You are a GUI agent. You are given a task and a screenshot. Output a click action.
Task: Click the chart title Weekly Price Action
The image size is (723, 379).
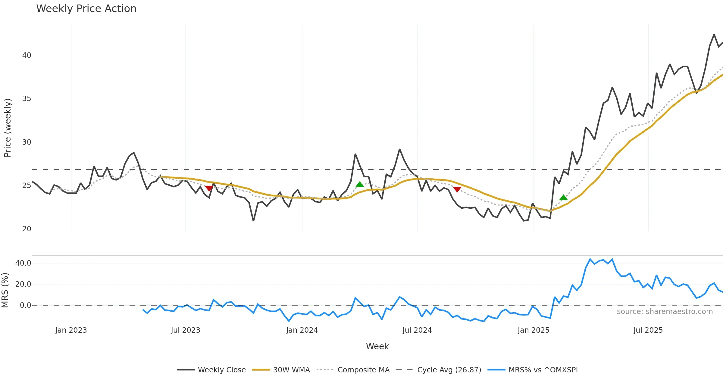(86, 9)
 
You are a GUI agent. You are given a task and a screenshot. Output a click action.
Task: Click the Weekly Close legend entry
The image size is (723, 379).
(221, 370)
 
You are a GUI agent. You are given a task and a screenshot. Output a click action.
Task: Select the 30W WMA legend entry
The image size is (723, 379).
(291, 370)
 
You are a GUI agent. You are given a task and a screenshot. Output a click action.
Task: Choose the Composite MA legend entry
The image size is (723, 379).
(363, 370)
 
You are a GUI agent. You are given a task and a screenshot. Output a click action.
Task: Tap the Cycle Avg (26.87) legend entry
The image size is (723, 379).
(449, 370)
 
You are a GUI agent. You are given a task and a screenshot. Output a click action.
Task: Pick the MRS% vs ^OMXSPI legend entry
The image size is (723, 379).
(543, 370)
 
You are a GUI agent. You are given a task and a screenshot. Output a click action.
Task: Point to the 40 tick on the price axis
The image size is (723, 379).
(27, 55)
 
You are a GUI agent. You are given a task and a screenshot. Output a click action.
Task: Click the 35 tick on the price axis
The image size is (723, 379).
(27, 99)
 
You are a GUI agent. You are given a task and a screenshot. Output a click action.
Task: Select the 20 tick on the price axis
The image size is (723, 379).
(27, 229)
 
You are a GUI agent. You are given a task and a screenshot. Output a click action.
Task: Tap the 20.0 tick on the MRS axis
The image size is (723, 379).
(23, 284)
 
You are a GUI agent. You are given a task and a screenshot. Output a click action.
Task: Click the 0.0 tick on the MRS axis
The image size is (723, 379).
(25, 305)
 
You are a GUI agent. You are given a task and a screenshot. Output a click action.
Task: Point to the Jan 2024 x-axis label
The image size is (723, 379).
(302, 330)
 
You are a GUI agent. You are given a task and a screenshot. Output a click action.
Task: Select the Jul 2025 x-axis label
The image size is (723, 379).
(648, 330)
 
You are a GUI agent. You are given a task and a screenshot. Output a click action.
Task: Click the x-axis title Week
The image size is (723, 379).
(377, 347)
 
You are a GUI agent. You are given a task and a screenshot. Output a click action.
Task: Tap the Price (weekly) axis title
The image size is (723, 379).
(8, 128)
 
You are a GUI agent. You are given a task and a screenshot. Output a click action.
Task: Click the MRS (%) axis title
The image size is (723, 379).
(5, 290)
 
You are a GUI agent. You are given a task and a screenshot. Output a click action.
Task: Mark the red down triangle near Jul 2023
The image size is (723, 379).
(209, 188)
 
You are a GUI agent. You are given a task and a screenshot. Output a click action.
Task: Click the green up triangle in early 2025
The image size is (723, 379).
(563, 198)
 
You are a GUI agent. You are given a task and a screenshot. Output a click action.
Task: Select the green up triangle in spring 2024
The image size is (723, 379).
(360, 184)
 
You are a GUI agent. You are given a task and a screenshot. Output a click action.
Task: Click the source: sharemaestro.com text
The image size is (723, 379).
(665, 312)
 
